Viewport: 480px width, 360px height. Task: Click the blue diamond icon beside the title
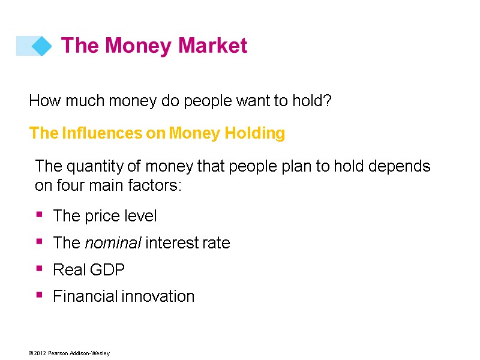tap(41, 46)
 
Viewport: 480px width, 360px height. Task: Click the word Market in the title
tap(212, 46)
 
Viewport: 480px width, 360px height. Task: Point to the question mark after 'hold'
tap(328, 101)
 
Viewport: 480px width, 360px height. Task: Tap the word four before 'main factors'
tap(70, 185)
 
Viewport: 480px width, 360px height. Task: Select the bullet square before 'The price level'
tap(40, 214)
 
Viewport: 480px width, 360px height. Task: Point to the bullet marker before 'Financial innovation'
tap(40, 295)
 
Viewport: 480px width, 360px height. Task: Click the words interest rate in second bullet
tap(188, 243)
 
